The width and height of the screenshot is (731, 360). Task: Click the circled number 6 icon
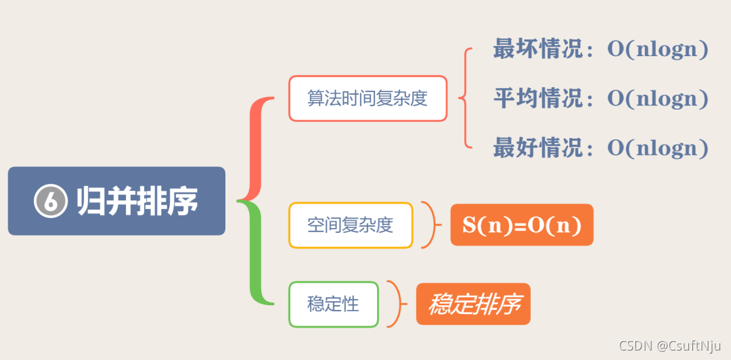pos(51,201)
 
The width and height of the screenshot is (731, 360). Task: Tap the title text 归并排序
pos(137,201)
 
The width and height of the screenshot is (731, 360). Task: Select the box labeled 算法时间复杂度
pos(368,98)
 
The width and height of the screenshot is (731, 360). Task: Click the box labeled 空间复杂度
pos(350,225)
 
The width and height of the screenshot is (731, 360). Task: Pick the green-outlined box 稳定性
pos(333,305)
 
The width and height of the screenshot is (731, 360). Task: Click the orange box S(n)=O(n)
pos(521,225)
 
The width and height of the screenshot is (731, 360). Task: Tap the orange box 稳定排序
pos(473,305)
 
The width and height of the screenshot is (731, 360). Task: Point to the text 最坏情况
pos(537,49)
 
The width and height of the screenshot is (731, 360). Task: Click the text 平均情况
pos(537,98)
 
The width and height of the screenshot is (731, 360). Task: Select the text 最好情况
pos(537,148)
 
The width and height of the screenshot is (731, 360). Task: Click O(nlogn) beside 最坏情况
pos(657,49)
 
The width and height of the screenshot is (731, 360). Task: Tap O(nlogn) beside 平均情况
pos(657,98)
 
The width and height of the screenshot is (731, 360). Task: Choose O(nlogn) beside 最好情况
pos(657,148)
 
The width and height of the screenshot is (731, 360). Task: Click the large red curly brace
pos(256,149)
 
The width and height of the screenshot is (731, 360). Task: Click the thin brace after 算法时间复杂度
pos(464,98)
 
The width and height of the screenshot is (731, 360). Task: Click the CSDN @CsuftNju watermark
pos(670,345)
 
